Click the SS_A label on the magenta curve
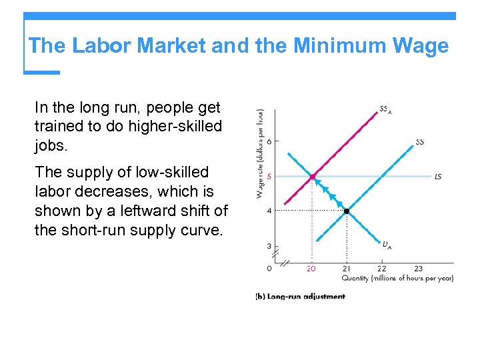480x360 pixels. pyautogui.click(x=385, y=110)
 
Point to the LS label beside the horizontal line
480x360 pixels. pyautogui.click(x=437, y=177)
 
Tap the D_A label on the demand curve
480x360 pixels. pyautogui.click(x=387, y=245)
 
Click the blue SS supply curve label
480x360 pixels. pyautogui.click(x=420, y=141)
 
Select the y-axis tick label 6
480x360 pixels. pyautogui.click(x=269, y=141)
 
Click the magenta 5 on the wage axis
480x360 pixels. pyautogui.click(x=269, y=176)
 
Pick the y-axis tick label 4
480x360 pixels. pyautogui.click(x=269, y=211)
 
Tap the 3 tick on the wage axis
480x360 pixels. pyautogui.click(x=269, y=246)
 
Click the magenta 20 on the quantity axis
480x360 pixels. pyautogui.click(x=311, y=269)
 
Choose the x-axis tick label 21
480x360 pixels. pyautogui.click(x=346, y=269)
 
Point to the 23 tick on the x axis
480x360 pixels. pyautogui.click(x=418, y=269)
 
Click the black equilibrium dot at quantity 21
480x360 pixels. pyautogui.click(x=347, y=211)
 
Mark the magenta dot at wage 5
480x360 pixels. pyautogui.click(x=312, y=177)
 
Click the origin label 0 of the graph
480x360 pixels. pyautogui.click(x=269, y=269)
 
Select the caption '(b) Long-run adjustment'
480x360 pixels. pyautogui.click(x=301, y=297)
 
